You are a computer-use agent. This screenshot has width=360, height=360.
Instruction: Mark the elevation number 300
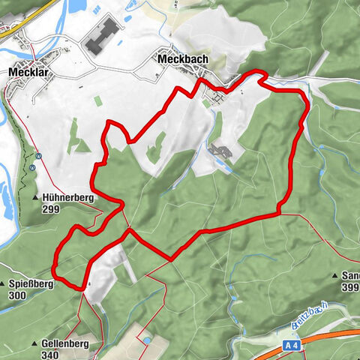18,295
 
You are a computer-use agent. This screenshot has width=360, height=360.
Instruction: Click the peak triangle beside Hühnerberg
36,197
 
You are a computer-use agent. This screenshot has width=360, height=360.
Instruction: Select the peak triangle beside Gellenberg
35,344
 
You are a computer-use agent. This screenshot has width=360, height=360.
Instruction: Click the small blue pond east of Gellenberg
147,340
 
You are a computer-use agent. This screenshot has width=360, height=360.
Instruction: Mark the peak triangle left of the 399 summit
334,277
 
